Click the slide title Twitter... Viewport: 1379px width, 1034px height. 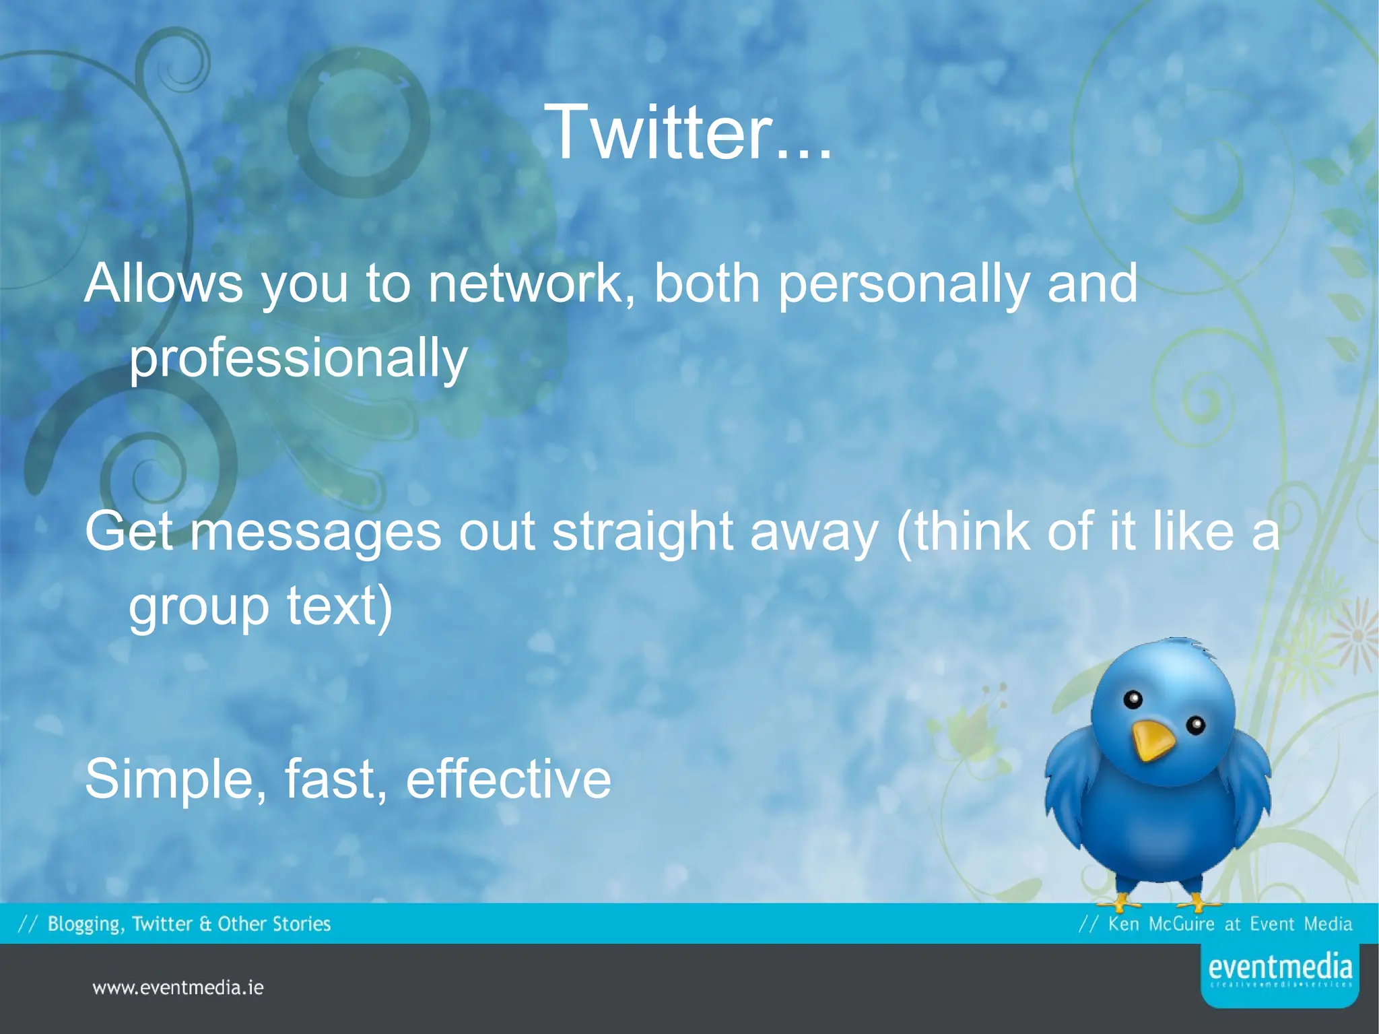pyautogui.click(x=688, y=132)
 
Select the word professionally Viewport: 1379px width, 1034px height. pyautogui.click(x=298, y=358)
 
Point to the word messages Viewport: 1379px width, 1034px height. pyautogui.click(x=315, y=532)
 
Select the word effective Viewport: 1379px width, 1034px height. pyautogui.click(x=508, y=779)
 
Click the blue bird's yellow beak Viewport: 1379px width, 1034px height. pyautogui.click(x=1152, y=741)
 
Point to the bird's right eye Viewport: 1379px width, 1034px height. pyautogui.click(x=1196, y=725)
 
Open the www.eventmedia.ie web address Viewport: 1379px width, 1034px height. pyautogui.click(x=178, y=988)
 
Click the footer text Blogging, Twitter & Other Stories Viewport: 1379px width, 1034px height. pyautogui.click(x=189, y=924)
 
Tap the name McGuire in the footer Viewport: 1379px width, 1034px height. pyautogui.click(x=1182, y=924)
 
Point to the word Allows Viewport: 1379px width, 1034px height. pyautogui.click(x=163, y=284)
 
